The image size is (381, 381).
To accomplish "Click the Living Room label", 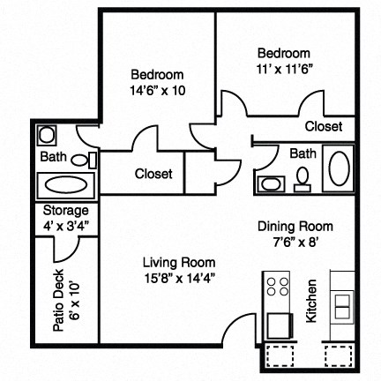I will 179,263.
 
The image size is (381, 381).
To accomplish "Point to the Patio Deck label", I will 58,305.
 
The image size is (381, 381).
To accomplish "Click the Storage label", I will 66,212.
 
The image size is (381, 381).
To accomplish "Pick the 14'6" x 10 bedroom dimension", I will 155,90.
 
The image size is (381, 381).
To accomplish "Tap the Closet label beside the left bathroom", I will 153,174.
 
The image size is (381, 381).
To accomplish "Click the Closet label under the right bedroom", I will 323,127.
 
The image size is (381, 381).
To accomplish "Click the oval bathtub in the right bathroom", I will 340,168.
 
